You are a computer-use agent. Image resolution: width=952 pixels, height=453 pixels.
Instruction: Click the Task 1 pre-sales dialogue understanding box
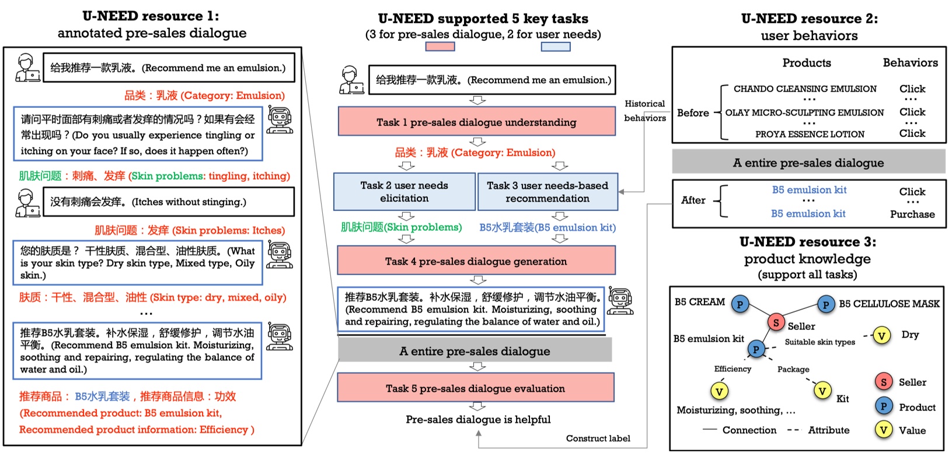476,122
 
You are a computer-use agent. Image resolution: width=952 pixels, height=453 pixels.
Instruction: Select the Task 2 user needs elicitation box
404,192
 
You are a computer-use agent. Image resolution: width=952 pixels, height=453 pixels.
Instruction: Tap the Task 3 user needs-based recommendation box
548,192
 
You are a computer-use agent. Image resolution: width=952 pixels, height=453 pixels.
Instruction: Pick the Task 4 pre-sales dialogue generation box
476,261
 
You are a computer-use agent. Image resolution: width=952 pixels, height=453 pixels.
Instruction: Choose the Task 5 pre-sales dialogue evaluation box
475,388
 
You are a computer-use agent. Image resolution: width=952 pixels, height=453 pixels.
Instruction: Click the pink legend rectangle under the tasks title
440,47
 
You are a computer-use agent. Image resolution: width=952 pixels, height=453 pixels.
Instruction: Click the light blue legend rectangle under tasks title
555,47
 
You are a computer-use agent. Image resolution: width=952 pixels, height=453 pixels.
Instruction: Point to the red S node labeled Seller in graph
776,322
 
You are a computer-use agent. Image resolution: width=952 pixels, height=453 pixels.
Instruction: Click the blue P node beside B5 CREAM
740,304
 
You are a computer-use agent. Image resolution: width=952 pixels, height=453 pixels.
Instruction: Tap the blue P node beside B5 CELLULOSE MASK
825,304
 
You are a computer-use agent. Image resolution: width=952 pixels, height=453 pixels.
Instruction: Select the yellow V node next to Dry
881,335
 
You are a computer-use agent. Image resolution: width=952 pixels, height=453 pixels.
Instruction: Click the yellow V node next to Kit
822,391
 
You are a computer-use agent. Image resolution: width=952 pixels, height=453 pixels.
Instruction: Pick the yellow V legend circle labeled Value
883,430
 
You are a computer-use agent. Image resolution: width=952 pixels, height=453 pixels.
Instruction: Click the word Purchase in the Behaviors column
912,214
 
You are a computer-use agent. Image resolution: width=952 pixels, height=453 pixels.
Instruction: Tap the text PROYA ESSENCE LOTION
810,134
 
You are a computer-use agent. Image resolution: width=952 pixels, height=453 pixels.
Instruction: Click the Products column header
806,63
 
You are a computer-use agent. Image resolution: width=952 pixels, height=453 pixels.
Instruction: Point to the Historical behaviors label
644,111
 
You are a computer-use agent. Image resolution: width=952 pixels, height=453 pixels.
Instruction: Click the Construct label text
598,438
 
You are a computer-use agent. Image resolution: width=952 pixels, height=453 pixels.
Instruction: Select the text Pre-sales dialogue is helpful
478,419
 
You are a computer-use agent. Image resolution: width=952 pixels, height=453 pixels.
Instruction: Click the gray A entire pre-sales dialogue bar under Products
808,163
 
